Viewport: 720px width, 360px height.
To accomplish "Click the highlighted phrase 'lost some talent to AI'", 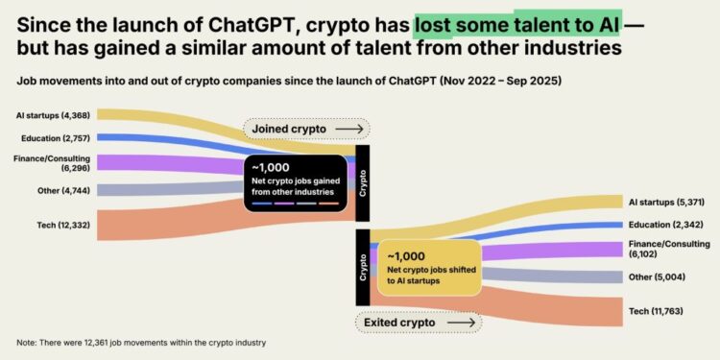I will (517, 19).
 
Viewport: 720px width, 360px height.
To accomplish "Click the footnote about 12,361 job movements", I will (141, 343).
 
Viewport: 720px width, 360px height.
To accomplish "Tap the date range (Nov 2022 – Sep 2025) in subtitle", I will (499, 81).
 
